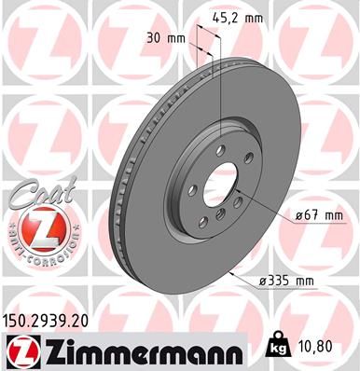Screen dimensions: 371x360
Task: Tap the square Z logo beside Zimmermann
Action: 20,351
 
